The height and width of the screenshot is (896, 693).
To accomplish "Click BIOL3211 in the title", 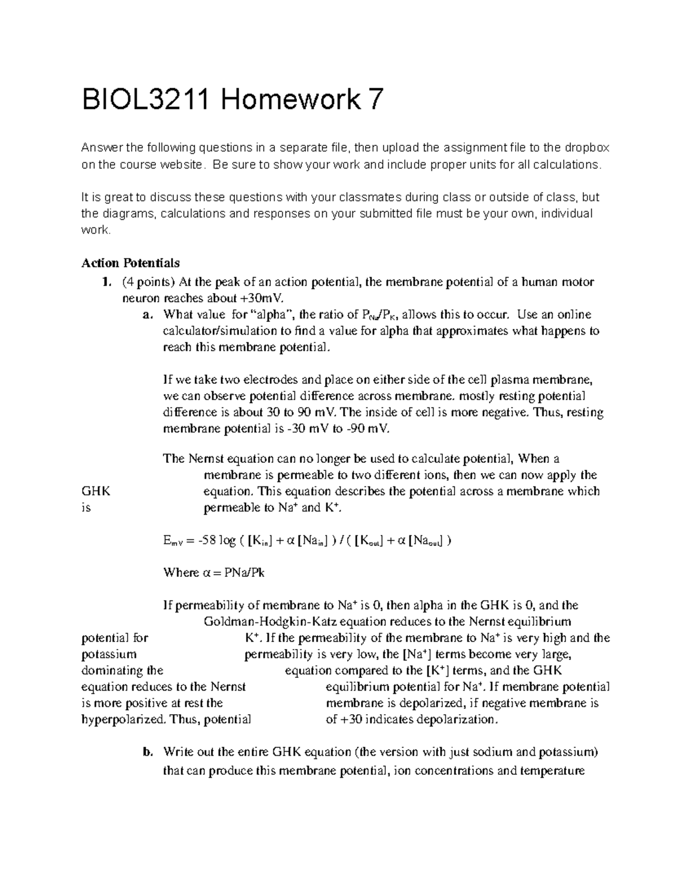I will click(146, 102).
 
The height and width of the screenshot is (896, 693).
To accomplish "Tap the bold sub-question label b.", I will click(147, 752).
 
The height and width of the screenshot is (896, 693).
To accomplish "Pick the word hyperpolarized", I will click(123, 719).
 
